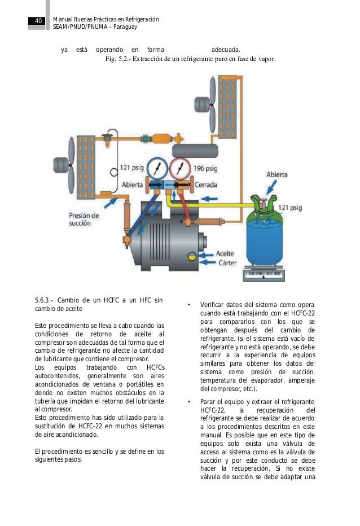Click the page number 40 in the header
click(x=38, y=21)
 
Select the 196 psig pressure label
click(x=206, y=168)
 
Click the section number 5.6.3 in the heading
click(x=44, y=299)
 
